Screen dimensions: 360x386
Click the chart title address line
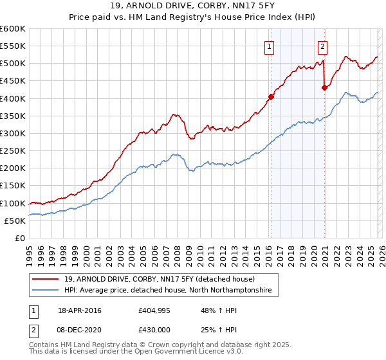pyautogui.click(x=192, y=6)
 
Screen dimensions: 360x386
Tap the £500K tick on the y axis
pyautogui.click(x=12, y=64)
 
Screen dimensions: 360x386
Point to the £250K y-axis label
pyautogui.click(x=12, y=151)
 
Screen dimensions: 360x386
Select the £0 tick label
pyautogui.click(x=19, y=239)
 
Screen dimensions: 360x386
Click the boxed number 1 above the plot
pyautogui.click(x=268, y=46)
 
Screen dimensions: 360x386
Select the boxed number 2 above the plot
pyautogui.click(x=322, y=46)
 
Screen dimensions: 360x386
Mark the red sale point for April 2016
pyautogui.click(x=271, y=97)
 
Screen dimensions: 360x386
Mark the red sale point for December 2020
pyautogui.click(x=324, y=88)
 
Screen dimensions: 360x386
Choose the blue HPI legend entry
pyautogui.click(x=167, y=291)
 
